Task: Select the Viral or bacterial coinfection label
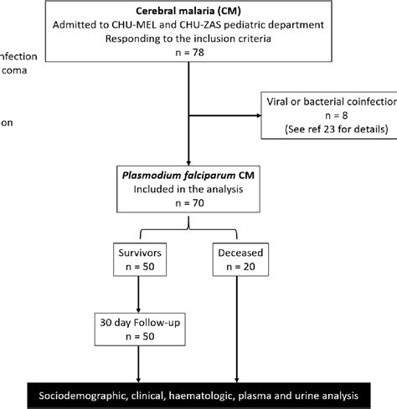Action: coord(329,102)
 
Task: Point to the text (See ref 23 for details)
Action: coord(329,130)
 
